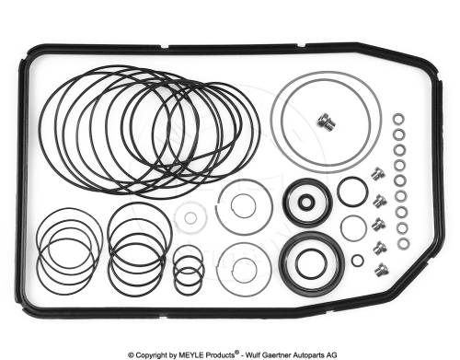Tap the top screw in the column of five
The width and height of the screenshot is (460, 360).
coord(378,174)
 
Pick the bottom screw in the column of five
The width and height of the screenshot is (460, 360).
coord(382,270)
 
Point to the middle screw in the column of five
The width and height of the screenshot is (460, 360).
coord(379,224)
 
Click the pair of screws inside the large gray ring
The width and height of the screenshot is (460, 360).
coord(326,122)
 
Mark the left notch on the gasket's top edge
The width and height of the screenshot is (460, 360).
coord(165,47)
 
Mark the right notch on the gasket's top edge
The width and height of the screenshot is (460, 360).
coord(301,46)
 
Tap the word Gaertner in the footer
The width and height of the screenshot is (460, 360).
coord(277,354)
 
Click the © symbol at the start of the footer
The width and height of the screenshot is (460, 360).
coord(131,355)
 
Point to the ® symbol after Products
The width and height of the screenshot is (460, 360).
coord(236,353)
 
